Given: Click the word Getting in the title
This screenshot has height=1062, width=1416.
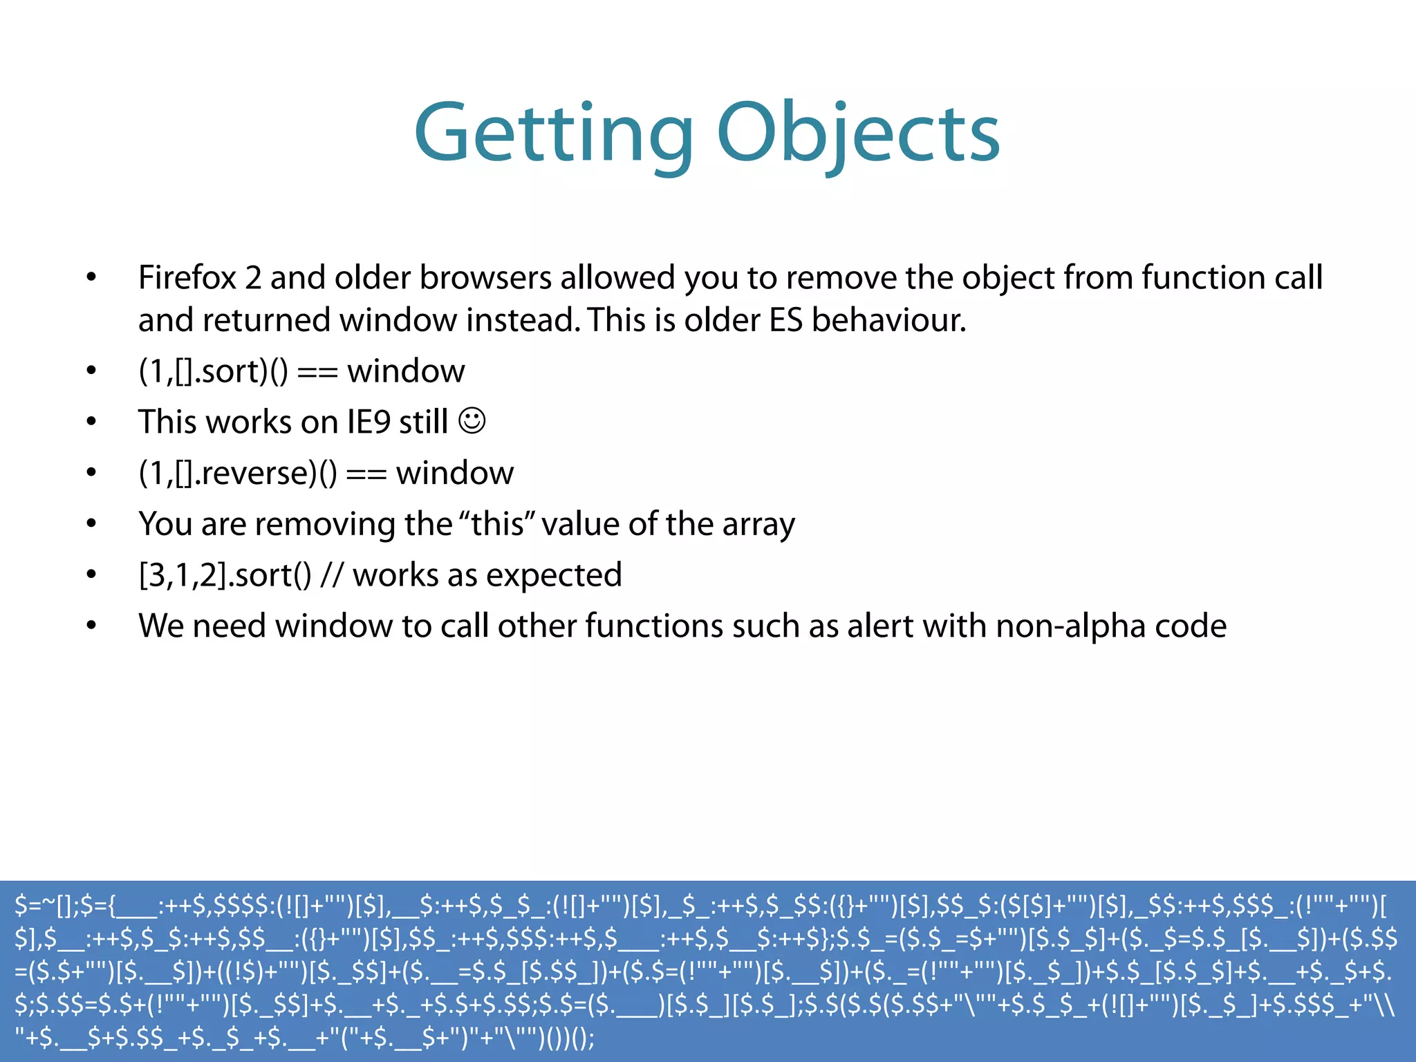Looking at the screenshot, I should [x=553, y=133].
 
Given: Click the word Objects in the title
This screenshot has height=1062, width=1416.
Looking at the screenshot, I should [x=858, y=133].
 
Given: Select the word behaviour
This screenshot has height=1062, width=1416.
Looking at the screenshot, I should [x=888, y=321].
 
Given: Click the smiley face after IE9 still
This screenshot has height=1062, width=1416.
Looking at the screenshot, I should [x=472, y=420].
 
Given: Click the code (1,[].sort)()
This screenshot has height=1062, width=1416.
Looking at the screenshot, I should [x=213, y=372].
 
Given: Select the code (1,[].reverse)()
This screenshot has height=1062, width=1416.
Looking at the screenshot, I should [x=237, y=474].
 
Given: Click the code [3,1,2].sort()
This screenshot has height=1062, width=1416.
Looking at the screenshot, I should [x=225, y=575].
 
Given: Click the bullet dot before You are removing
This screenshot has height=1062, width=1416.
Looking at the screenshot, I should [x=91, y=524].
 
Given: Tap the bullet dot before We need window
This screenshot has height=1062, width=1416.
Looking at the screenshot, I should [x=91, y=626].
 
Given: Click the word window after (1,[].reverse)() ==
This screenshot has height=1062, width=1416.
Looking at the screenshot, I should [x=454, y=474].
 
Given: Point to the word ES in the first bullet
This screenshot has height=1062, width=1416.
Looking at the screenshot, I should [x=785, y=321].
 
